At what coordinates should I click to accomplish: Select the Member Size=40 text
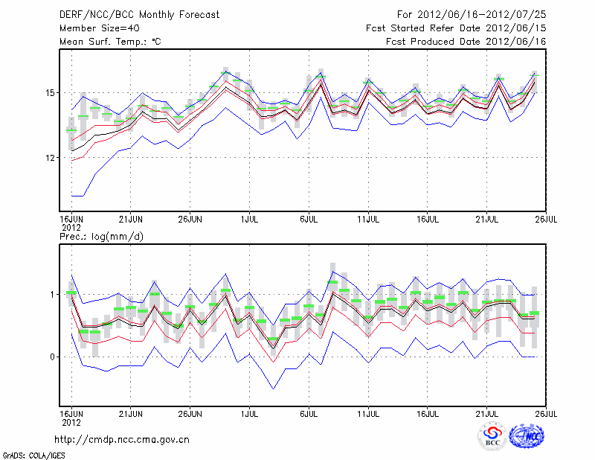(94, 28)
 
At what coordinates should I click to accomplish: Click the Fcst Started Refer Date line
(456, 28)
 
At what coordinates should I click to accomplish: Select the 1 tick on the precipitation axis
(51, 295)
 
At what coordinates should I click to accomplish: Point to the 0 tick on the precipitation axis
(51, 357)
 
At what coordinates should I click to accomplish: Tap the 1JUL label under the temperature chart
(249, 219)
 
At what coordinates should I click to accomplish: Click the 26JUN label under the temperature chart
(190, 219)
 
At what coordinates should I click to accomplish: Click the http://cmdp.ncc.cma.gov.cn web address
(123, 439)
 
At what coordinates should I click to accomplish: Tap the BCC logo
(492, 438)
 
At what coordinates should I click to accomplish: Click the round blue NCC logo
(529, 438)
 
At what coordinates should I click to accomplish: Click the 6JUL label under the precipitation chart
(309, 412)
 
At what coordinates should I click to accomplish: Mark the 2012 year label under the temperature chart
(71, 227)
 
